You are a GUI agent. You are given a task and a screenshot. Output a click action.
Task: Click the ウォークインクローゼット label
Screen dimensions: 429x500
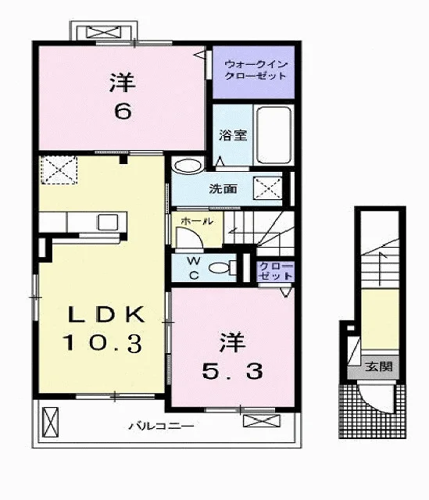[x=256, y=70]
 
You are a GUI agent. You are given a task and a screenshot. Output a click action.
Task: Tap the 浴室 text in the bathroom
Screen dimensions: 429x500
[x=233, y=135]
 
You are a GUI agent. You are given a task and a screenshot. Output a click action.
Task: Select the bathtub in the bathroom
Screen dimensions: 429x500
[x=274, y=135]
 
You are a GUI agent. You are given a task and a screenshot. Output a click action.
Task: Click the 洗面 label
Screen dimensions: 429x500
[x=223, y=189]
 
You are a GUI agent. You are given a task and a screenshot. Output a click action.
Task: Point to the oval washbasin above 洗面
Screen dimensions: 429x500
[x=187, y=166]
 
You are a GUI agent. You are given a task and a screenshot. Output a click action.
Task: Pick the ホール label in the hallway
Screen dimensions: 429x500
[x=197, y=220]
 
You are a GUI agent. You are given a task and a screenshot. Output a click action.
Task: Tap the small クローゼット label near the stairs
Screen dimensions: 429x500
[x=276, y=271]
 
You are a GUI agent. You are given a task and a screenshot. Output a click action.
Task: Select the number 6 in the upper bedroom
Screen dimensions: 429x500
[x=123, y=112]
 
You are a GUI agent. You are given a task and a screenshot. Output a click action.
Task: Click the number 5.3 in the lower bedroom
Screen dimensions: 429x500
[x=233, y=372]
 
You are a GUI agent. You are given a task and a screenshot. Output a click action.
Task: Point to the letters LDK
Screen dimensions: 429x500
[x=106, y=314]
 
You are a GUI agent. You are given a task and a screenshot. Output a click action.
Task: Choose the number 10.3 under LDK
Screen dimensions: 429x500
[x=102, y=343]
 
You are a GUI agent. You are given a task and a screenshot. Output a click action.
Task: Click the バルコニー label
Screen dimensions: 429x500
[x=161, y=426]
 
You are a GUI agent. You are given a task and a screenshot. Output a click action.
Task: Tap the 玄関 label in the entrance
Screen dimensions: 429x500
[x=379, y=366]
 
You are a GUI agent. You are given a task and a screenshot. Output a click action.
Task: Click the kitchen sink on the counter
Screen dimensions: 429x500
[x=108, y=222]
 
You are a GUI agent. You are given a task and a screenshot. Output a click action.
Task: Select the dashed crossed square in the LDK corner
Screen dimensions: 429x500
[x=59, y=170]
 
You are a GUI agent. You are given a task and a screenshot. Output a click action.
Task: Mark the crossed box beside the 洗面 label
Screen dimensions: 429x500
[x=267, y=188]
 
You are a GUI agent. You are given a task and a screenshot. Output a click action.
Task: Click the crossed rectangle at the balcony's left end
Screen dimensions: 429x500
[x=51, y=422]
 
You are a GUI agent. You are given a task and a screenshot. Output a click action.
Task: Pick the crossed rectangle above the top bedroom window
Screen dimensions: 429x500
[x=104, y=33]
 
